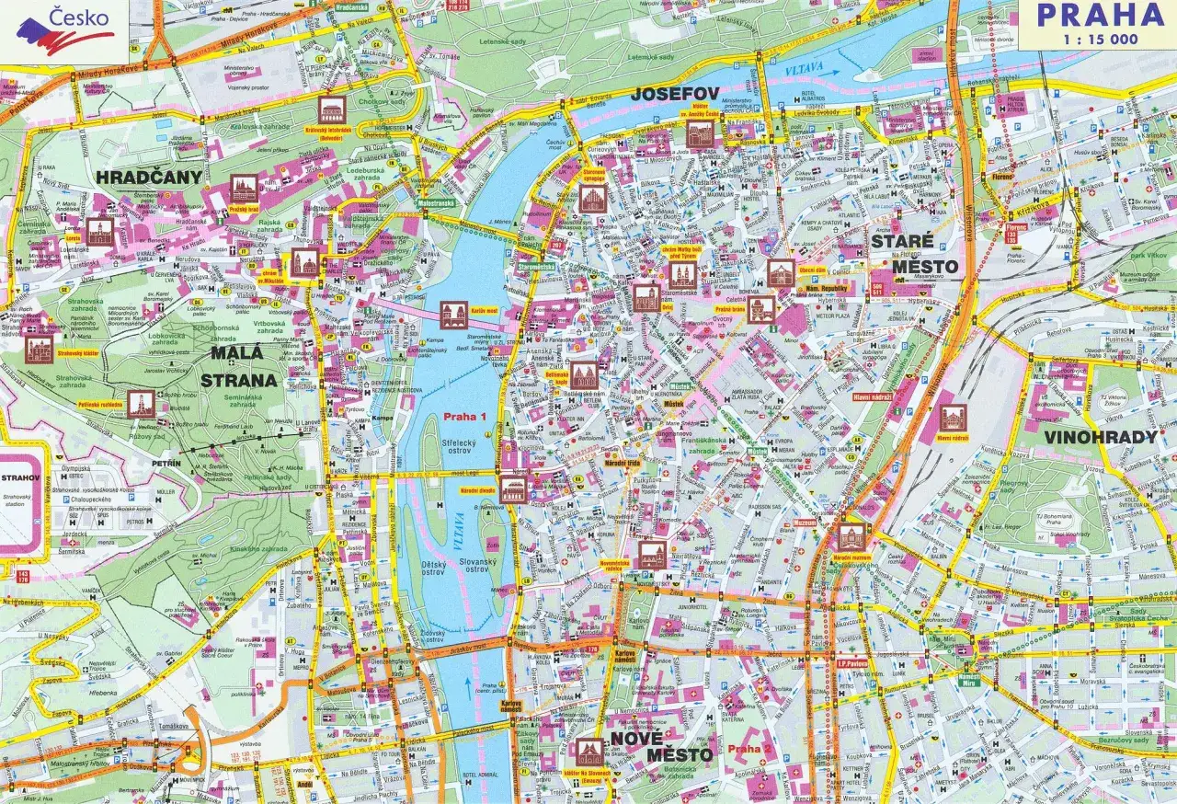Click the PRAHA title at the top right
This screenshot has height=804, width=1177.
pos(1100,16)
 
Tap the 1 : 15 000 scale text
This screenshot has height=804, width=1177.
pos(1100,40)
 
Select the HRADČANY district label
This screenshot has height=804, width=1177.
pos(149,177)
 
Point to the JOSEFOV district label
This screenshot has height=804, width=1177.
pos(674,94)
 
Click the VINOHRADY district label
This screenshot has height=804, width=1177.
pos(1100,437)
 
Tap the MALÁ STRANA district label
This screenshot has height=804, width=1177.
pos(244,366)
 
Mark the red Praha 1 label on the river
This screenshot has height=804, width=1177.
pos(465,417)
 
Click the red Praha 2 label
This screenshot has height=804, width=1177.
pos(749,750)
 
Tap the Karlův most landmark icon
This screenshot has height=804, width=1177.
pos(453,313)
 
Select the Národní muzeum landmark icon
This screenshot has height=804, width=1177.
pos(851,536)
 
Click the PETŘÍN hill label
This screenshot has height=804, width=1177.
pos(166,465)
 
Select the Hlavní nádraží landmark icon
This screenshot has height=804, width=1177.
pos(954,419)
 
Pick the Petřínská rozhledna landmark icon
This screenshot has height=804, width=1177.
pos(141,403)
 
